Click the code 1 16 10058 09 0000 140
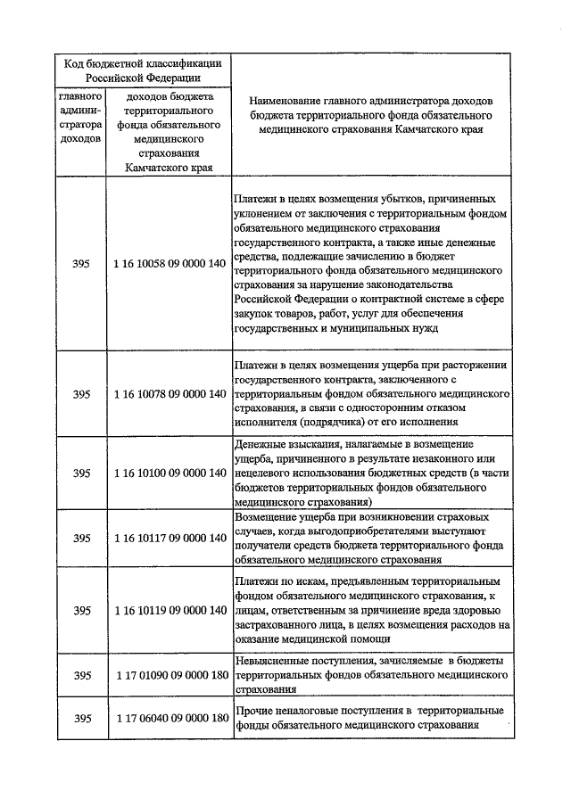tap(170, 265)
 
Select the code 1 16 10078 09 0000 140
tap(170, 394)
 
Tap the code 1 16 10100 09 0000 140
tap(170, 472)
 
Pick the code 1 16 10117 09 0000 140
tap(170, 538)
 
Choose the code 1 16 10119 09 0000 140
tap(170, 611)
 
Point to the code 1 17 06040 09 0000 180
tap(170, 718)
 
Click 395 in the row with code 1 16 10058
tap(82, 265)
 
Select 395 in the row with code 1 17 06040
tap(82, 718)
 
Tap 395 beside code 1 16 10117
tap(82, 538)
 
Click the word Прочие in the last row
tap(255, 710)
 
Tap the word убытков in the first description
tap(412, 199)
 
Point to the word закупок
tap(254, 314)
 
